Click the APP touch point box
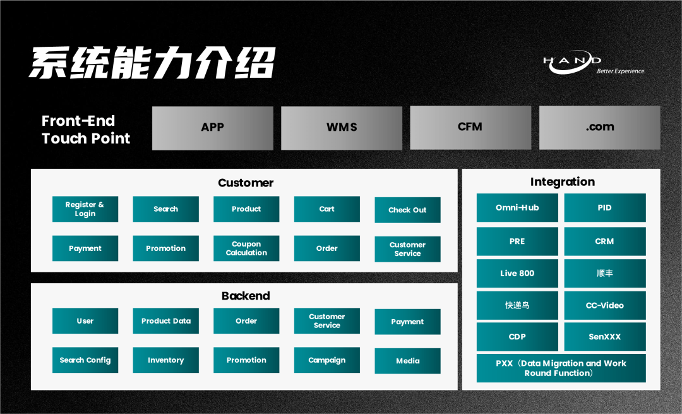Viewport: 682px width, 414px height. (212, 128)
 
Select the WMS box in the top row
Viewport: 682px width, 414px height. (342, 128)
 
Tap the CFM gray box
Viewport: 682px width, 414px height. (470, 127)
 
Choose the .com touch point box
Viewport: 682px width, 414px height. (599, 127)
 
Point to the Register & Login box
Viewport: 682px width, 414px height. (85, 209)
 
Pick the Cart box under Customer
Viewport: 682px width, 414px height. (326, 209)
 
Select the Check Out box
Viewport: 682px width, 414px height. (407, 210)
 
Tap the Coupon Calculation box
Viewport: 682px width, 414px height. (246, 248)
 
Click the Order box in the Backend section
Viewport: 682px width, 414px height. (246, 321)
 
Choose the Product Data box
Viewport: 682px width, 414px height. (165, 321)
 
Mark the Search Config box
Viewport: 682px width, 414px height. (85, 360)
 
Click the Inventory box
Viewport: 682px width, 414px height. (165, 360)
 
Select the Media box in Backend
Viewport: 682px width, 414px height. (407, 361)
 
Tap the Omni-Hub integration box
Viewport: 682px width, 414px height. (517, 208)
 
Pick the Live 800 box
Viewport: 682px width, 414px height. (517, 274)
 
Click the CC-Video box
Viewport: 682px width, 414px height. (604, 305)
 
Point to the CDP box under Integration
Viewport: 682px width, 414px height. (517, 337)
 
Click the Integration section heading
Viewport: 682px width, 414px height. (562, 182)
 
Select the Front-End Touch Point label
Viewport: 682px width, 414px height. (86, 130)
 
